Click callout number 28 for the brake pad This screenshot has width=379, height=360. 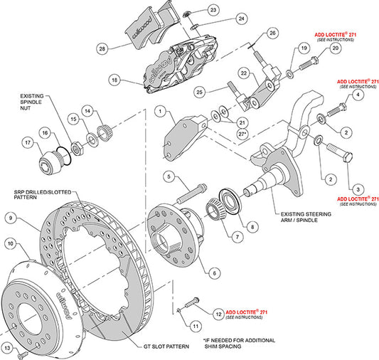tap(102, 48)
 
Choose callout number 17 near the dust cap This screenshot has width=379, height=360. tap(29, 142)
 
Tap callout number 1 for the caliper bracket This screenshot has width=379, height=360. tap(161, 112)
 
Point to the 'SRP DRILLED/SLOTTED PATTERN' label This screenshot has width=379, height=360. tap(36, 196)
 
